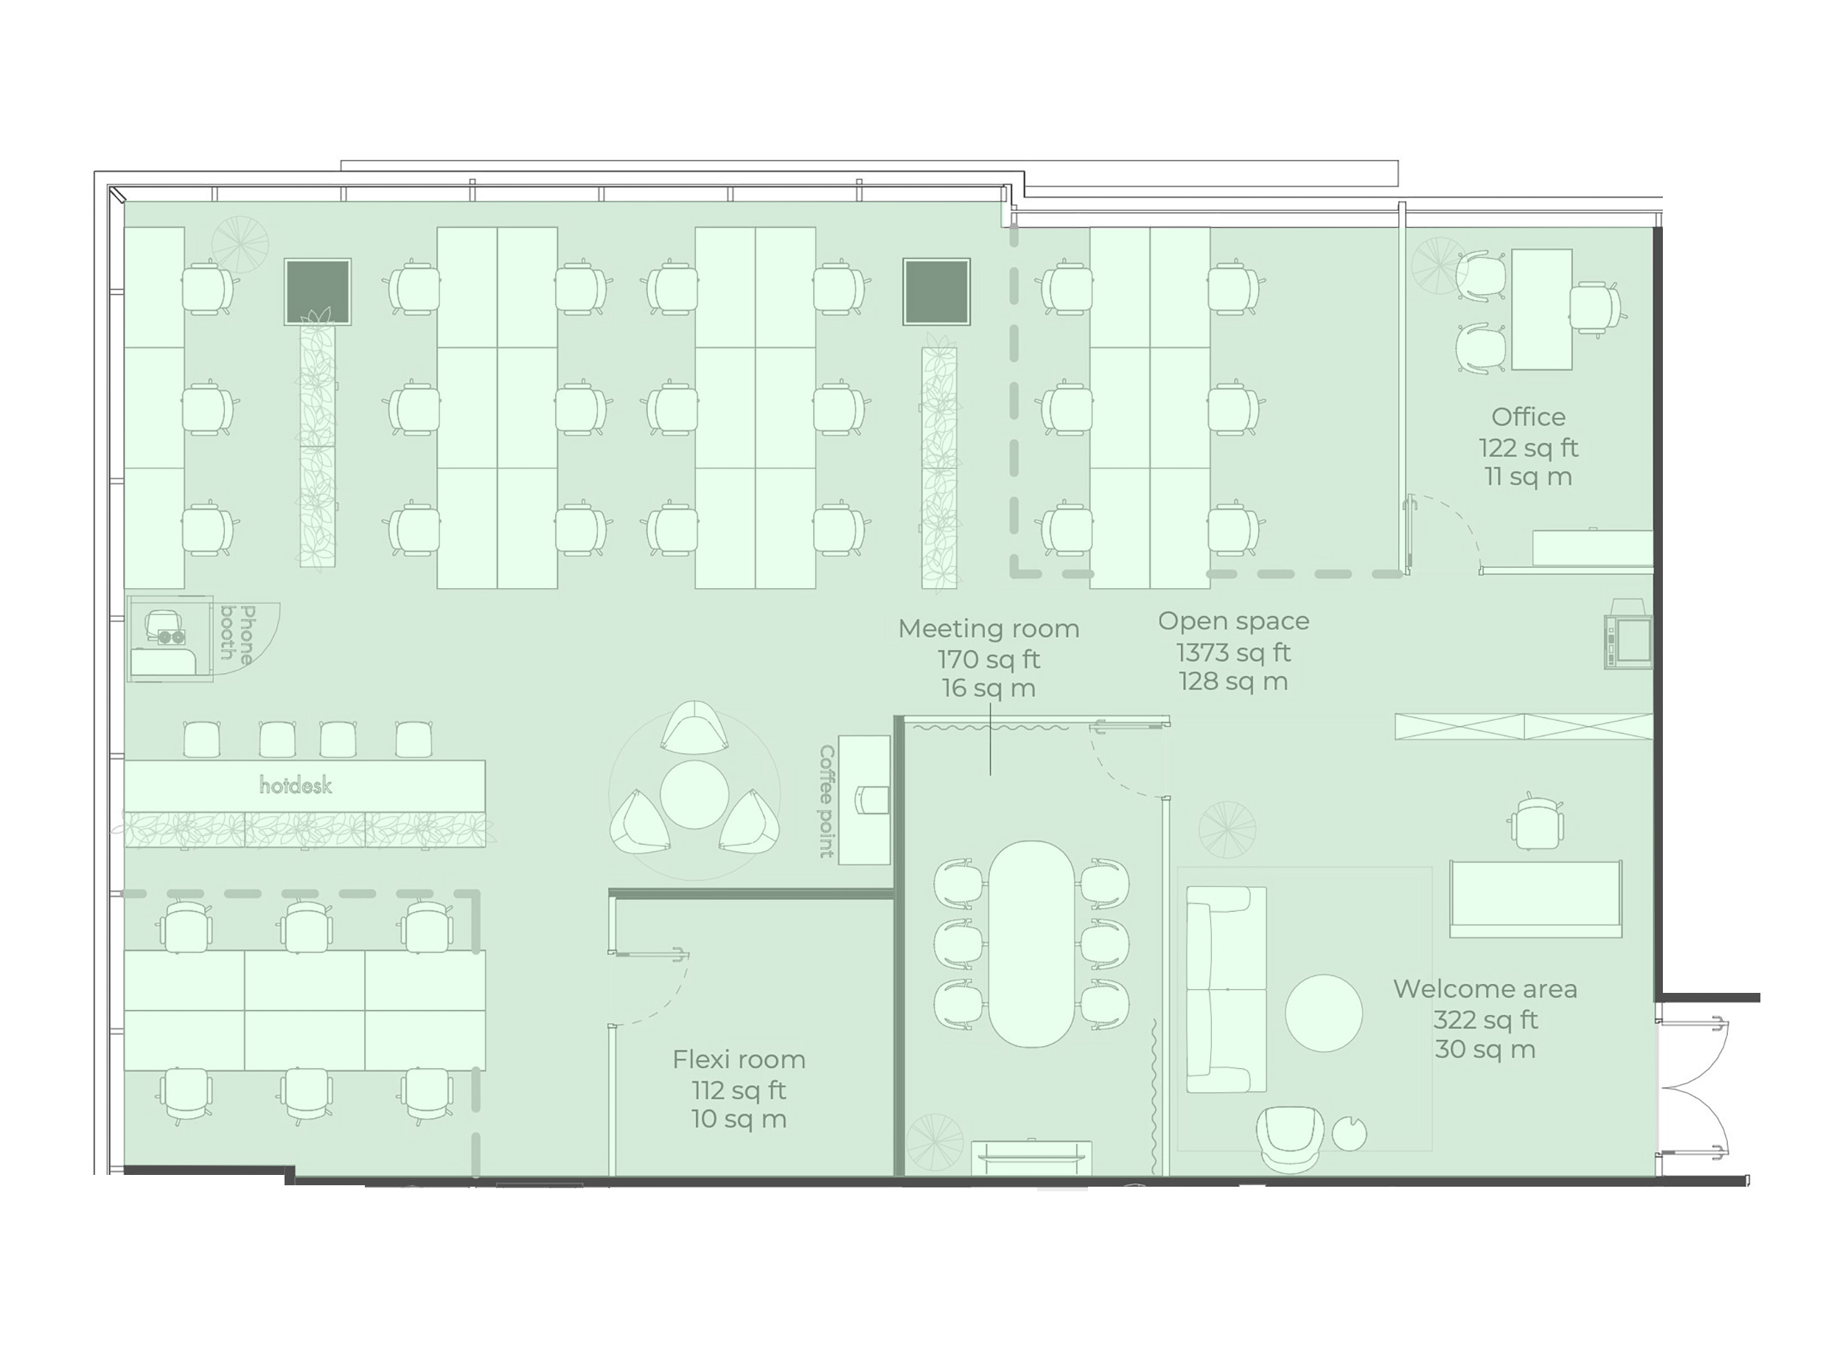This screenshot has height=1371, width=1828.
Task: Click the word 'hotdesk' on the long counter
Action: coord(295,785)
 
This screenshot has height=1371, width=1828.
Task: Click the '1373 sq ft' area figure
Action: coord(1233,653)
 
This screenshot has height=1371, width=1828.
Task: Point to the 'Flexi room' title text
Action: coord(739,1058)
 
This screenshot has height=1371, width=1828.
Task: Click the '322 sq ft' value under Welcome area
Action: coord(1485,1020)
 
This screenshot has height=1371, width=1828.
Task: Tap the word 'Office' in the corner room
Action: coord(1528,416)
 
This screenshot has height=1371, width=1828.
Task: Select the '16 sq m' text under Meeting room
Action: coord(988,688)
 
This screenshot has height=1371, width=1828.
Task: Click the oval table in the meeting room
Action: coord(1031,943)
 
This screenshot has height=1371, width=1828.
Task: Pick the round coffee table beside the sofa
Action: coord(1323,1014)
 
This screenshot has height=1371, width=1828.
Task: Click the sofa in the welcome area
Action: coord(1227,989)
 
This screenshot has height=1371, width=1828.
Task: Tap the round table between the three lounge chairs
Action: coord(694,794)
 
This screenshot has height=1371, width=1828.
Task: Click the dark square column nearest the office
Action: coord(935,292)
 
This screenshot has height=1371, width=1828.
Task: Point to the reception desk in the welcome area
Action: coord(1535,899)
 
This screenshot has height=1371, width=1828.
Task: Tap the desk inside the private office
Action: coord(1541,309)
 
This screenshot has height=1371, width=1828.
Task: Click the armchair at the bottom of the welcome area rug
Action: coord(1289,1138)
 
